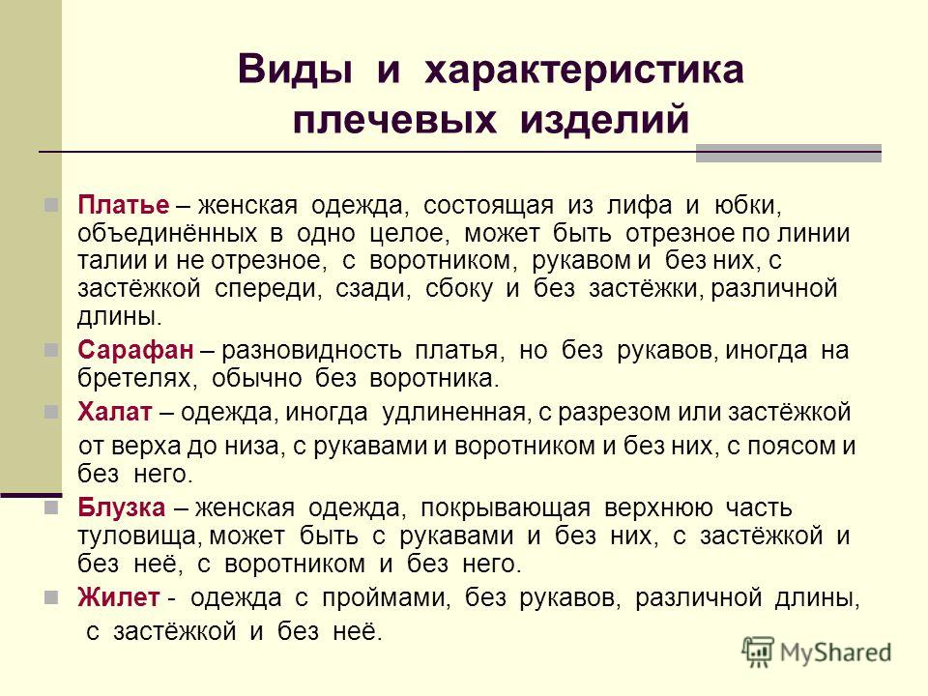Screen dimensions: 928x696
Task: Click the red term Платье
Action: (x=123, y=205)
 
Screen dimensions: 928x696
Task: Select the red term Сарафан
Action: (x=135, y=350)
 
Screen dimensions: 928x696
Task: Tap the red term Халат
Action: (x=115, y=412)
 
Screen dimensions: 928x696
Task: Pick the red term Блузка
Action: (x=122, y=507)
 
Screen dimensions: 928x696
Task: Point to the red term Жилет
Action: (x=118, y=597)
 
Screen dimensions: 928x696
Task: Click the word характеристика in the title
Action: (x=584, y=70)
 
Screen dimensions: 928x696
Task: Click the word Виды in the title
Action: (x=295, y=70)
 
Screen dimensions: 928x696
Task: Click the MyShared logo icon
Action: (x=758, y=652)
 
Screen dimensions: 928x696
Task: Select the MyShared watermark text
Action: (x=835, y=652)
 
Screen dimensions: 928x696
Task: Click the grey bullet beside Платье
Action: (x=51, y=205)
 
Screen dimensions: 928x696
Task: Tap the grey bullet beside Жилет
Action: (x=51, y=597)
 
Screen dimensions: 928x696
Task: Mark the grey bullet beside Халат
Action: (x=51, y=412)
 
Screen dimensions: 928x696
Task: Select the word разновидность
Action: (x=311, y=351)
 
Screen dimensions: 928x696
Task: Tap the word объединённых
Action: (x=167, y=234)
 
